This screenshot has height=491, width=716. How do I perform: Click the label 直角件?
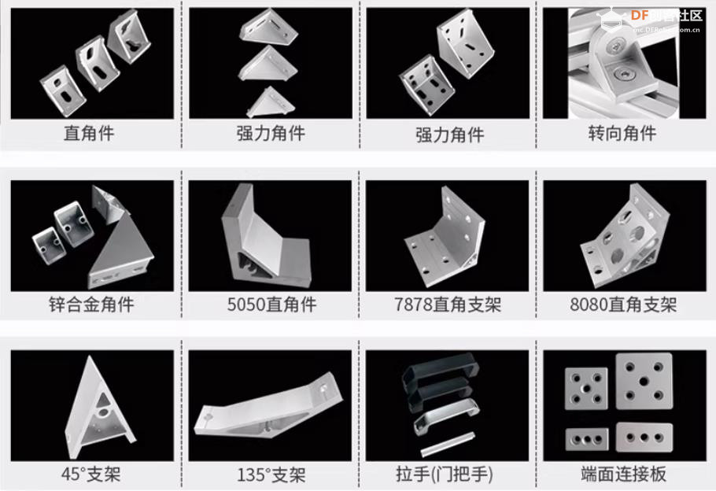pyautogui.click(x=89, y=133)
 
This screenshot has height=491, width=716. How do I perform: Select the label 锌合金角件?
pyautogui.click(x=91, y=304)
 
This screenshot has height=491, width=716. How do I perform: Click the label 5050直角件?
pyautogui.click(x=271, y=304)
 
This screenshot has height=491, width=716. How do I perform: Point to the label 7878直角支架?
pyautogui.click(x=448, y=304)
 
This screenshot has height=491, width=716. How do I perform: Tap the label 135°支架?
pyautogui.click(x=271, y=474)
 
